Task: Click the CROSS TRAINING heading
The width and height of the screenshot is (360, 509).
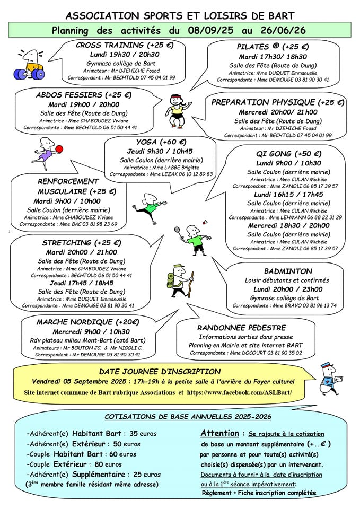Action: [x=125, y=45]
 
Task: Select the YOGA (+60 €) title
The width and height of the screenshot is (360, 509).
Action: [x=161, y=142]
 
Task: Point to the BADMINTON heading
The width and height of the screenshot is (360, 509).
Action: [x=288, y=271]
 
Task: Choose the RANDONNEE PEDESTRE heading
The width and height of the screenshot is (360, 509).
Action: [x=241, y=328]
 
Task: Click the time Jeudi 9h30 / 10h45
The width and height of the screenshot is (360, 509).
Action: [x=161, y=151]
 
